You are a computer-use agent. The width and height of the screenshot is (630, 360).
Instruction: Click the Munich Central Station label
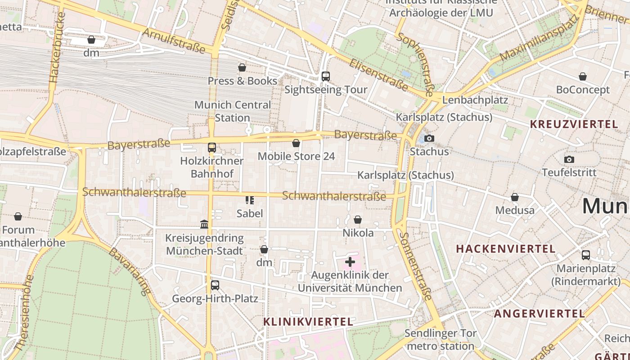click(232, 111)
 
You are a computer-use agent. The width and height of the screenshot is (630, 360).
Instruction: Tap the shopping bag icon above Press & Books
click(242, 67)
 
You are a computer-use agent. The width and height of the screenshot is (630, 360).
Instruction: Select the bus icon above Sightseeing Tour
click(326, 76)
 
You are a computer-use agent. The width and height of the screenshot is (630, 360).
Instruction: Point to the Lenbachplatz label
click(475, 100)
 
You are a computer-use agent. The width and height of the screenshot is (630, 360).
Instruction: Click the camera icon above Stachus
click(429, 138)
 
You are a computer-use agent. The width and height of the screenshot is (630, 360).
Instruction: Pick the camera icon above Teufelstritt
click(569, 159)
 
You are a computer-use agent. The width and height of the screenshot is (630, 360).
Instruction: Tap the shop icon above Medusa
click(515, 197)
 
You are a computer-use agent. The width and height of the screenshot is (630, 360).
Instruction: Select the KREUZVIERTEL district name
click(574, 124)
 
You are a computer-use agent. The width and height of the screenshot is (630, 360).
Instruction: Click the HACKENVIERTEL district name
click(506, 248)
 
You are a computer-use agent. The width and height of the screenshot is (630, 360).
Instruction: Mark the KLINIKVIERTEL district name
click(308, 322)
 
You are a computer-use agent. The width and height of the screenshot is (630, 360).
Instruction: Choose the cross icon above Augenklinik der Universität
click(350, 261)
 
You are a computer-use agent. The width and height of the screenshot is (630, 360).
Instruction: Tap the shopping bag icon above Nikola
click(358, 220)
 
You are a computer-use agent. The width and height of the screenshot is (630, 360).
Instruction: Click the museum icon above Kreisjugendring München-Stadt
click(204, 224)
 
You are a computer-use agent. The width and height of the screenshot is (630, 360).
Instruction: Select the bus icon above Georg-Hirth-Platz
click(215, 285)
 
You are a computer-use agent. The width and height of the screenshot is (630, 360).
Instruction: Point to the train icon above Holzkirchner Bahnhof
click(211, 148)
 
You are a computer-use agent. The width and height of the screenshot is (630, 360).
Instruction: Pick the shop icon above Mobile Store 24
click(296, 143)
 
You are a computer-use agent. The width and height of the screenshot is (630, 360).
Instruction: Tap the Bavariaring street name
click(130, 272)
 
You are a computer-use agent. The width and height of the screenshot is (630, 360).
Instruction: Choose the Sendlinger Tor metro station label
click(441, 340)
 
